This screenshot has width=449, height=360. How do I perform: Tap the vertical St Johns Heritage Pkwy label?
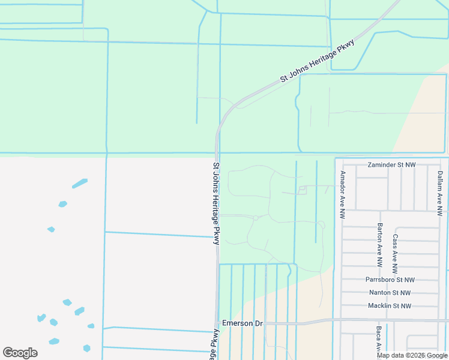[x=217, y=202]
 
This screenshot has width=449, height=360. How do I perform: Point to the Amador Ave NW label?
[x=343, y=194]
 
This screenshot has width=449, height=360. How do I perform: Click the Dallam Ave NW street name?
[x=439, y=192]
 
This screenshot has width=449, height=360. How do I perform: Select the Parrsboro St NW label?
[x=390, y=280]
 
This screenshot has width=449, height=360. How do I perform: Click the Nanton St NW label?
[x=390, y=293]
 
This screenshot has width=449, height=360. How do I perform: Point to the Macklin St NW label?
[x=390, y=306]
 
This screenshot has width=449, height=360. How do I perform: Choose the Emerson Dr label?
[x=243, y=323]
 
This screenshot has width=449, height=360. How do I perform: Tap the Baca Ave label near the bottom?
[x=379, y=339]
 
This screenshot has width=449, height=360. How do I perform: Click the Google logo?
[x=20, y=353]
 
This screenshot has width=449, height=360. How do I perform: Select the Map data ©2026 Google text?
[x=412, y=355]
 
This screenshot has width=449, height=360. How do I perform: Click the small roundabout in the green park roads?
[x=256, y=218]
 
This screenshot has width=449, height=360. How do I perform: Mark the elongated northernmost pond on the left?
[x=79, y=183]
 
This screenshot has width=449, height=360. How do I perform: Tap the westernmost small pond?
[x=41, y=317]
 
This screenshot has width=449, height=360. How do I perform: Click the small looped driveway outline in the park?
[x=302, y=190]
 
